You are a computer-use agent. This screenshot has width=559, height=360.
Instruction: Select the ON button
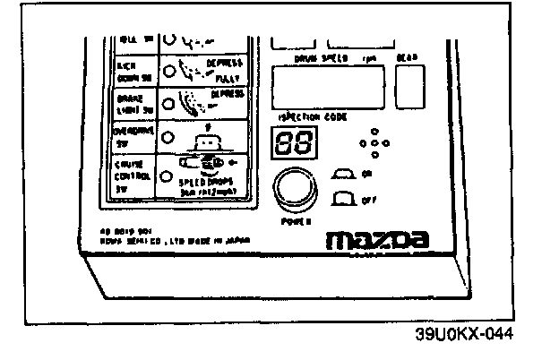[343, 173]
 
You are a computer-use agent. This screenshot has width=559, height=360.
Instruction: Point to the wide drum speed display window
[326, 89]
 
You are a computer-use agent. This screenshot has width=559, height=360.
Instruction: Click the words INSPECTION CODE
[308, 117]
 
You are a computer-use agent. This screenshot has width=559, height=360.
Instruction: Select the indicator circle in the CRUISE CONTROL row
[167, 176]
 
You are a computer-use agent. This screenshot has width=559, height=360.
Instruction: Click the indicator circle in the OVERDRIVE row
[167, 135]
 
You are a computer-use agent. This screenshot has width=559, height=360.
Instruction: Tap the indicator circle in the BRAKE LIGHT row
[167, 99]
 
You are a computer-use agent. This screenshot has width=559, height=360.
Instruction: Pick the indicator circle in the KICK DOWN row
[167, 65]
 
